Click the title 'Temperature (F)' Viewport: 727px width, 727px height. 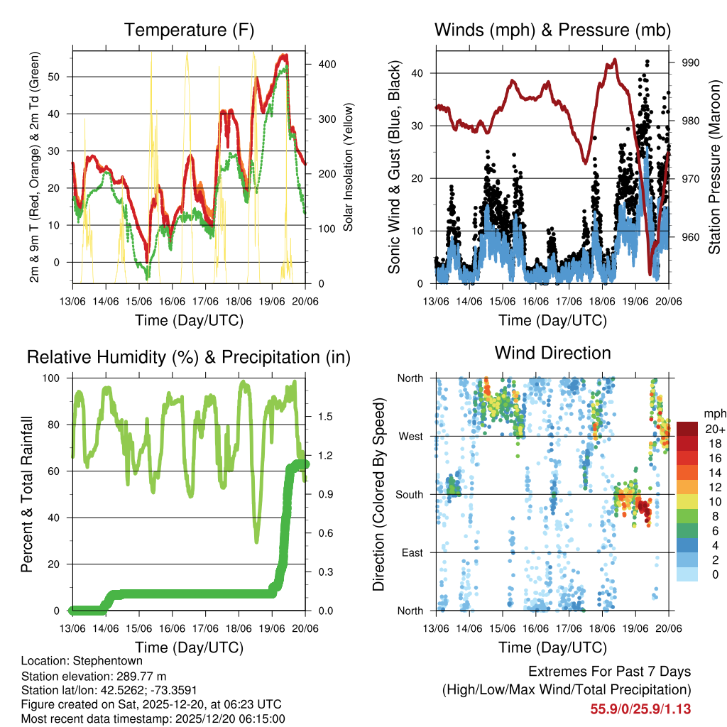(188, 30)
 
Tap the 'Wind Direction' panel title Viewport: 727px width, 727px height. (552, 353)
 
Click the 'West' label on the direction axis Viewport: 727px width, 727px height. (410, 436)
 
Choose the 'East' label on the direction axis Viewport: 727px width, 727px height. (411, 552)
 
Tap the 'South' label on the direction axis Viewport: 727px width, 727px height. (408, 494)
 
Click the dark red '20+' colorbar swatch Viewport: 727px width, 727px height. (687, 429)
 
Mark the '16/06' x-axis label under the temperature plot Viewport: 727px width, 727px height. (173, 301)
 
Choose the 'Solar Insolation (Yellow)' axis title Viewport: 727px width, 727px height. (348, 168)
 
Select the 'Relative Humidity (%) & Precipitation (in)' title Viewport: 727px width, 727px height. (188, 357)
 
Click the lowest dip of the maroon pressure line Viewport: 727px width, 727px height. (650, 273)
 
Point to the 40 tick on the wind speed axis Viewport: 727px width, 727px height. (417, 73)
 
